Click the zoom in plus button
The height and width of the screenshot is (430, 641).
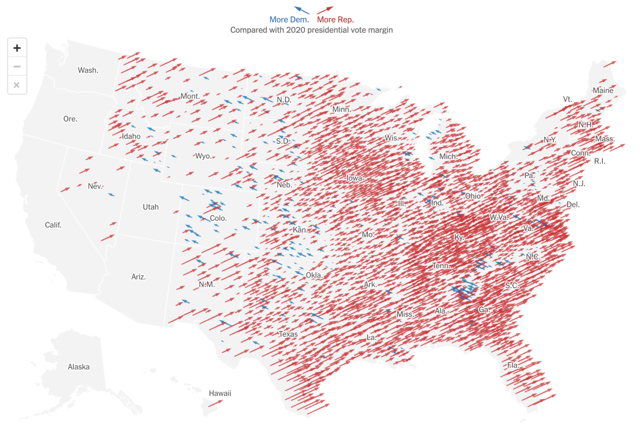click(17, 48)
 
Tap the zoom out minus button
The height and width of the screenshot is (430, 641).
click(17, 67)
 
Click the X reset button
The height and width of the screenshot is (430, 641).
click(17, 85)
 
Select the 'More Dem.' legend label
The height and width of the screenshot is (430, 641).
click(289, 20)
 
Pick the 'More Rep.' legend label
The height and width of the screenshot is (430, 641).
click(336, 20)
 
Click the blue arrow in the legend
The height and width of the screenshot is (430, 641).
click(301, 10)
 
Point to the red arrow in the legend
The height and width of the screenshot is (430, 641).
click(326, 10)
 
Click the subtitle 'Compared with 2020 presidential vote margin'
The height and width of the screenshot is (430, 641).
click(311, 30)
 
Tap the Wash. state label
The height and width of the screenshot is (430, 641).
click(88, 71)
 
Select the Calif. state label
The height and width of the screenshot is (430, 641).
click(54, 225)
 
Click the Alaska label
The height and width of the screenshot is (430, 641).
click(79, 367)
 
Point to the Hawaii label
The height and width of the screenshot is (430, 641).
click(220, 393)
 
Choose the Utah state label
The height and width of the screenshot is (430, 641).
click(151, 207)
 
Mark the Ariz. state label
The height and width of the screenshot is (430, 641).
click(139, 277)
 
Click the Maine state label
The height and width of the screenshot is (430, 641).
click(602, 91)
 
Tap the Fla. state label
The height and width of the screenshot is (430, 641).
click(513, 365)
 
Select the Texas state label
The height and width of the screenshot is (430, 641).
click(288, 334)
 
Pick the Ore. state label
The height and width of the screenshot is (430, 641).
click(71, 119)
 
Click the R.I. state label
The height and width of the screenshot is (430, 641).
click(599, 161)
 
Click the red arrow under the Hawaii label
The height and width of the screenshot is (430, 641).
click(216, 403)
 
